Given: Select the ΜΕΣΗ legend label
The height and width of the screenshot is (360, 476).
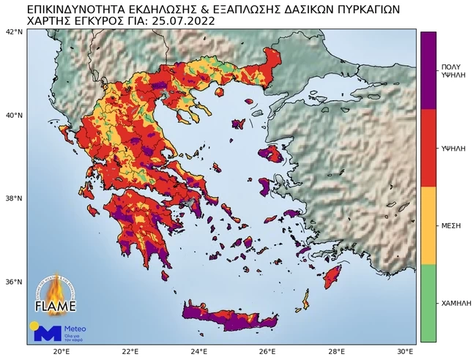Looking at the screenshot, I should point(450,225).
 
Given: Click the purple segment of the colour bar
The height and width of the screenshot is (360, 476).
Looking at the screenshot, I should point(428,70).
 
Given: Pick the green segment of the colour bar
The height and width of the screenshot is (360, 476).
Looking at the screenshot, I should point(428,303).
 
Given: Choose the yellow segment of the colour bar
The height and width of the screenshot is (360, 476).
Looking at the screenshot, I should point(428,225).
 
